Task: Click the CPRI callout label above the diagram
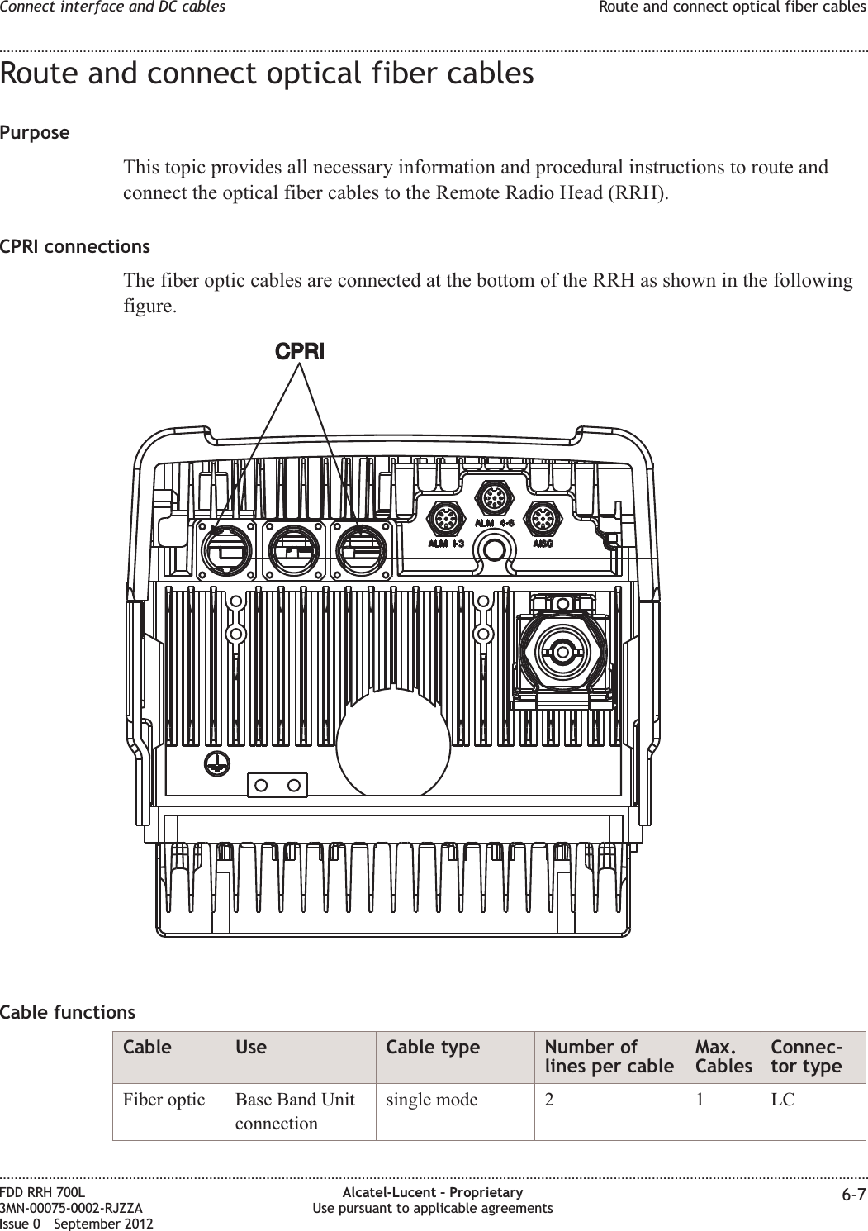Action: click(x=300, y=351)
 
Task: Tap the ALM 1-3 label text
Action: click(x=445, y=544)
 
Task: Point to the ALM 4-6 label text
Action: click(x=494, y=523)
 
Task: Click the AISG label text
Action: click(x=543, y=544)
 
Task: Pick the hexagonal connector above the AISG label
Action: click(x=543, y=520)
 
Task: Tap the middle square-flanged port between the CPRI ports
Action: click(x=298, y=550)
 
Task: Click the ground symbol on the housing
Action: click(x=216, y=764)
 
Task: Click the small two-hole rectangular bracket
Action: click(x=277, y=785)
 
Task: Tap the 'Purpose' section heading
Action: click(x=35, y=132)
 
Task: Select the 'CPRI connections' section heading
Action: click(x=75, y=246)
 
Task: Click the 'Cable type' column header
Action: click(x=433, y=1047)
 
